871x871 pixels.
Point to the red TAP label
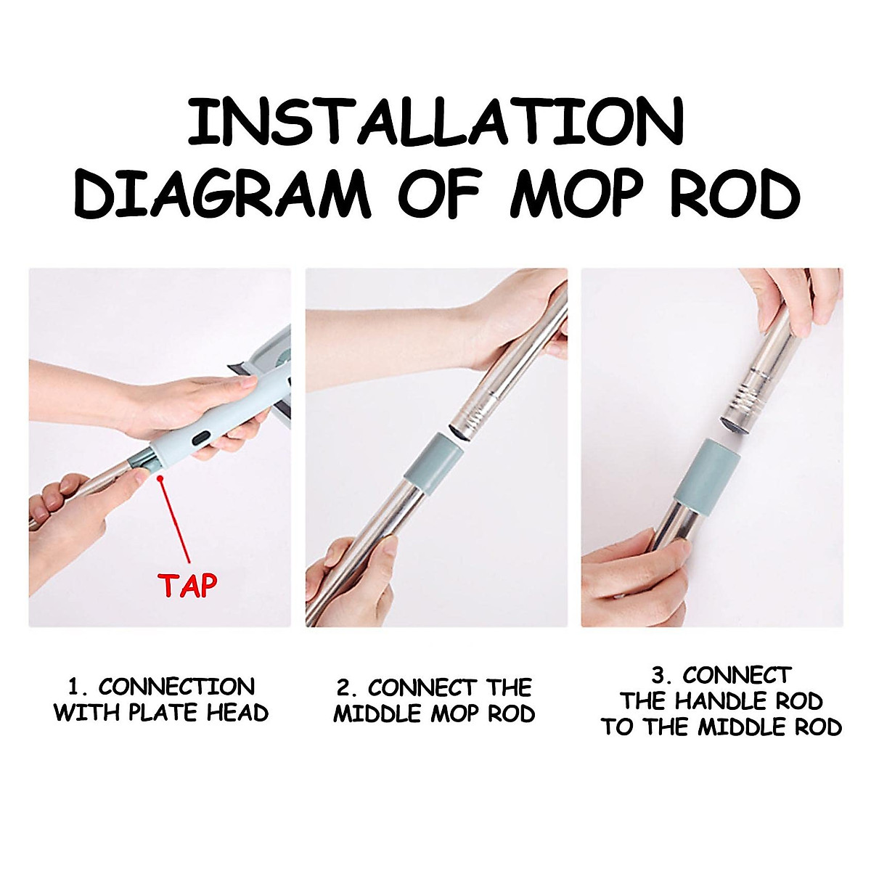(188, 585)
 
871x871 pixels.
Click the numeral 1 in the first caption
(73, 687)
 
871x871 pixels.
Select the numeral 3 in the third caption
(659, 676)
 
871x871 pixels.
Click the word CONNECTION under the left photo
(176, 687)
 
